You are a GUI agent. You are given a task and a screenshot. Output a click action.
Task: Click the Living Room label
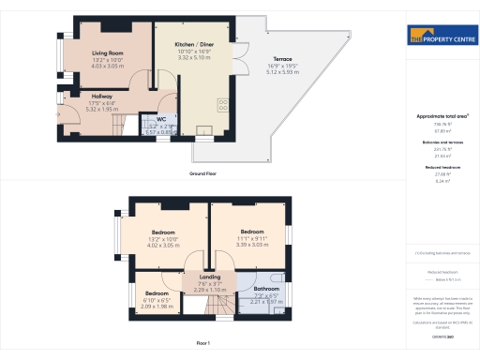(x=108, y=53)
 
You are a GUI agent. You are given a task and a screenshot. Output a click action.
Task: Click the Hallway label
(x=102, y=96)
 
